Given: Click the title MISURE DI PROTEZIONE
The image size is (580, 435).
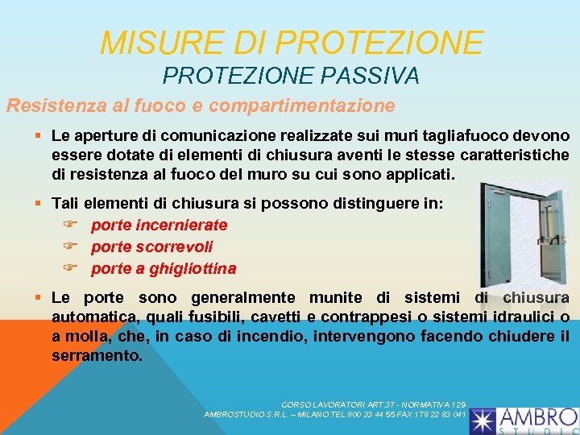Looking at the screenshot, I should (x=292, y=43).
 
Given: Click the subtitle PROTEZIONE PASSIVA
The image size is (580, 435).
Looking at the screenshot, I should (x=291, y=77).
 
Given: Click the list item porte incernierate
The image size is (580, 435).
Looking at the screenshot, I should (x=159, y=226).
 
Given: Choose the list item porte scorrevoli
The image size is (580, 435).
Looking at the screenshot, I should (x=151, y=246).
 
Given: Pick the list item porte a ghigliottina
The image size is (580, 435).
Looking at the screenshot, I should (x=164, y=267).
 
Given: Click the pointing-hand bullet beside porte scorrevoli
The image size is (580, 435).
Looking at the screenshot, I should (x=69, y=246).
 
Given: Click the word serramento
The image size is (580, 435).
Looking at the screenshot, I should (x=97, y=354).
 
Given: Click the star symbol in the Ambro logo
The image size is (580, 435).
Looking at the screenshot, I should (x=485, y=420).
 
